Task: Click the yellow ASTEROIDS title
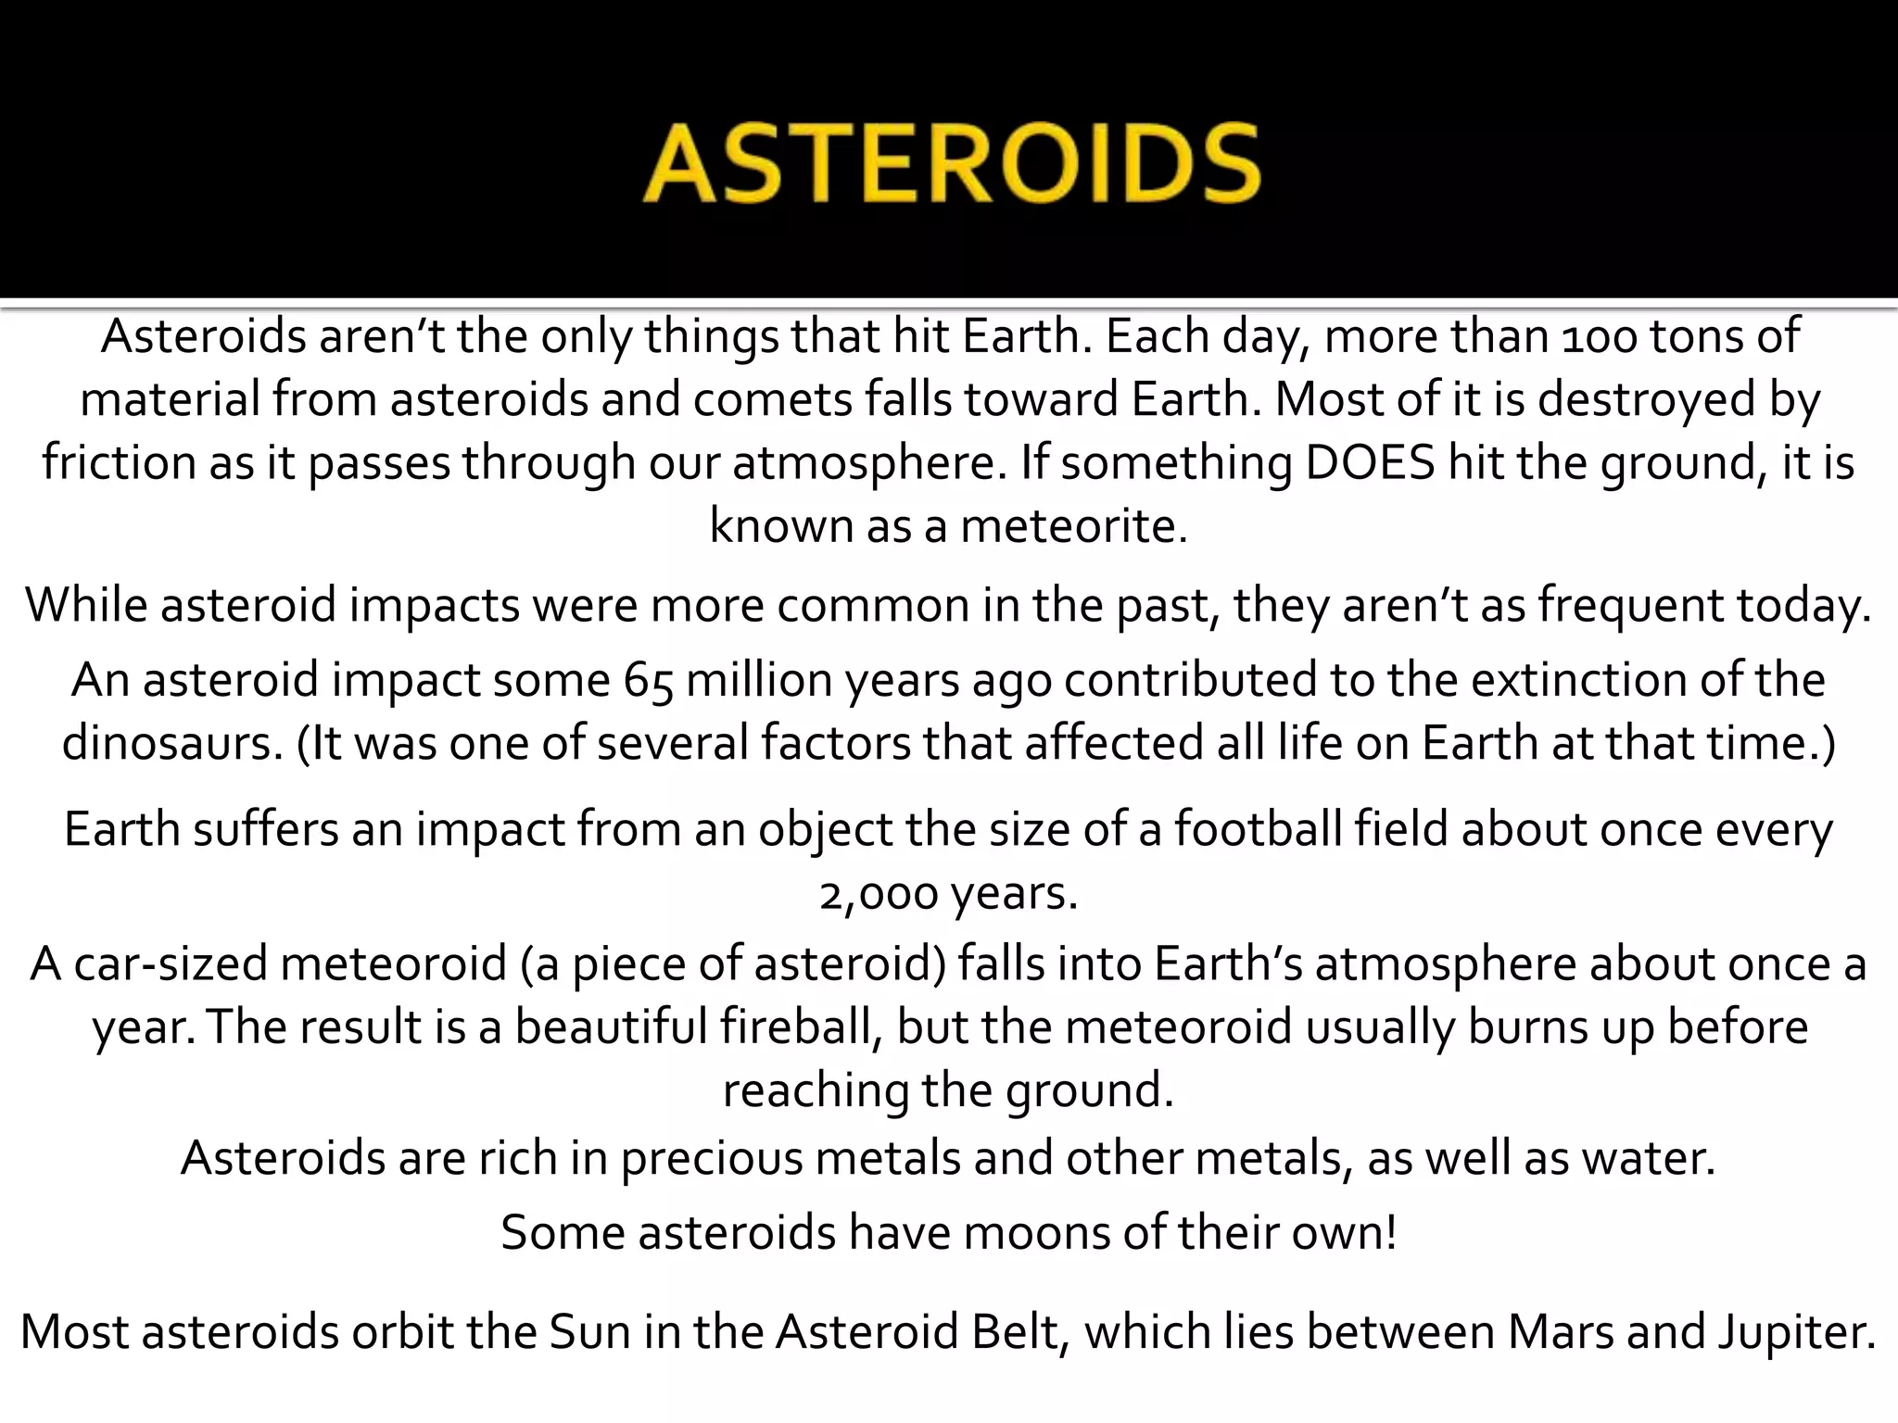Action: pyautogui.click(x=951, y=164)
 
